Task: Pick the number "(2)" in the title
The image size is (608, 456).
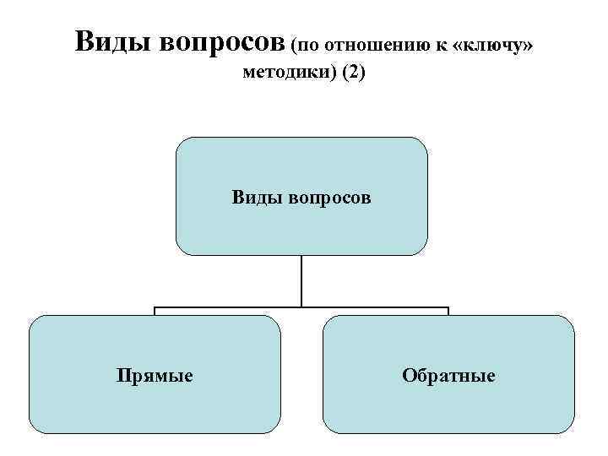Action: click(354, 73)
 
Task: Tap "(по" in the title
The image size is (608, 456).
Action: click(307, 44)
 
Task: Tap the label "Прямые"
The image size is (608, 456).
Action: click(155, 375)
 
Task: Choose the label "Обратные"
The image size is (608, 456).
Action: click(448, 375)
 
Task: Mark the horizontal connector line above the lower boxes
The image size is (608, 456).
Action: click(228, 307)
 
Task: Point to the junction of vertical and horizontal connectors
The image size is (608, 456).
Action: click(301, 307)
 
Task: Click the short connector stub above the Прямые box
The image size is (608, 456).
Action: click(155, 312)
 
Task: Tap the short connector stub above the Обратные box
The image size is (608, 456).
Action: click(448, 312)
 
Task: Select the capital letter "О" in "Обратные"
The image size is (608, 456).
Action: click(409, 375)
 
